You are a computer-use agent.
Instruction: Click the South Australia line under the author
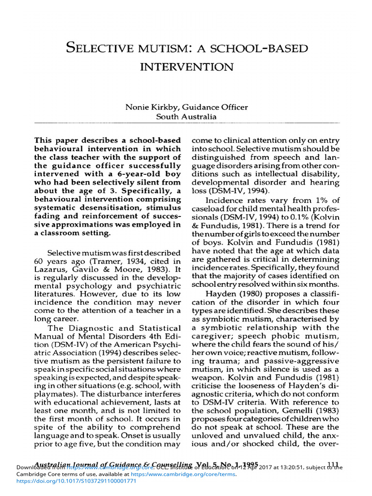[186, 117]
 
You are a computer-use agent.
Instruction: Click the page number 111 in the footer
[333, 464]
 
